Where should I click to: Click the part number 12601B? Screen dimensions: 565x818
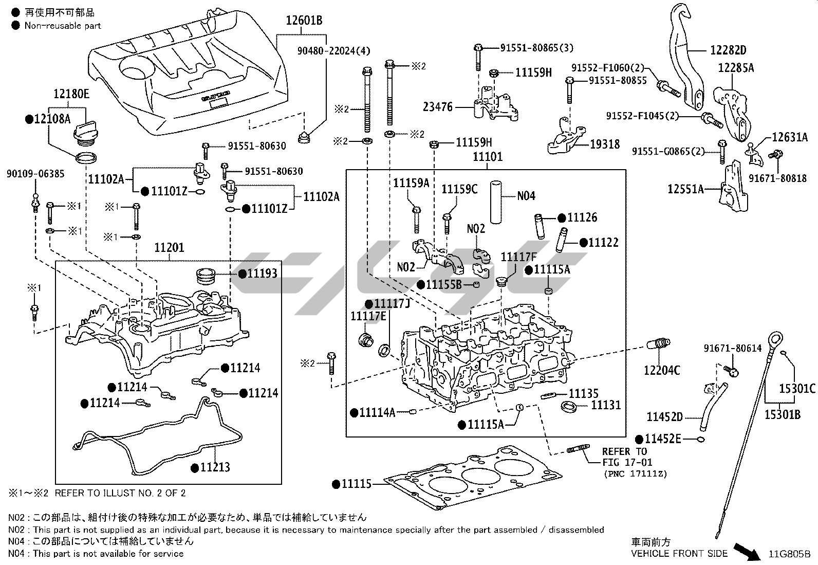click(304, 21)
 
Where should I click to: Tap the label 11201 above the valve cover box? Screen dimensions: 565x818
click(169, 248)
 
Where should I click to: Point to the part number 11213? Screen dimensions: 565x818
click(215, 467)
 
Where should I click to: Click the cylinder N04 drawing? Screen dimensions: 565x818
click(495, 201)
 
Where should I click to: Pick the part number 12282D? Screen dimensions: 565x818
click(728, 50)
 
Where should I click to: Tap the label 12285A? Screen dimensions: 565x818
click(736, 68)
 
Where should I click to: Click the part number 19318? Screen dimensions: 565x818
click(605, 144)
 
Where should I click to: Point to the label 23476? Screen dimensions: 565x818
click(438, 107)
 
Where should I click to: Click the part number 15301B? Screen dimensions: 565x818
click(783, 413)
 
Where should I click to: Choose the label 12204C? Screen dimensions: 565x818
click(662, 370)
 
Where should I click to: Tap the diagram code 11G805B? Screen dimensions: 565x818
click(789, 554)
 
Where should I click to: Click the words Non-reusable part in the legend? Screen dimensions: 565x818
click(63, 26)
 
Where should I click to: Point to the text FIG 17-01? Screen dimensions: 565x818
click(627, 463)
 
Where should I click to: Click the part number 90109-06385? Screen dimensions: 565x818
click(35, 174)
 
